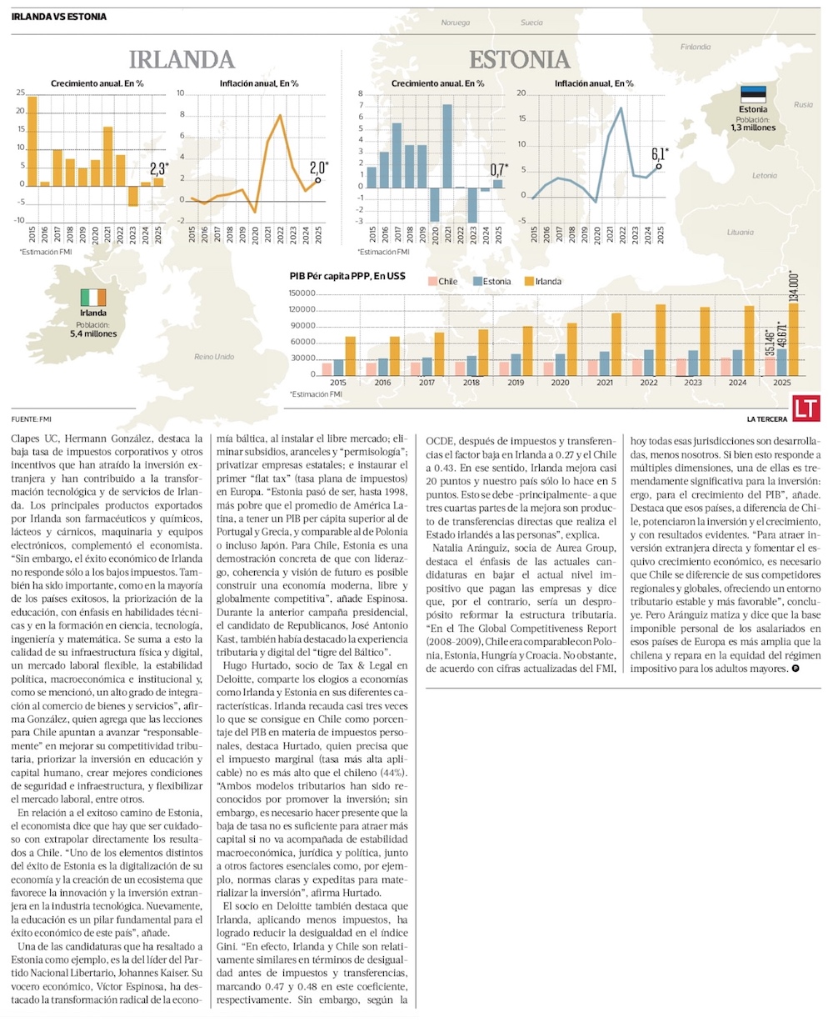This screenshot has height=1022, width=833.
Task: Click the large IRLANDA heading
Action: pos(181,60)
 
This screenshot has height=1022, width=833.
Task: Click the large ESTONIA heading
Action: pos(519,60)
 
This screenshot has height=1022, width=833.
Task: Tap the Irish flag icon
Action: pos(93,298)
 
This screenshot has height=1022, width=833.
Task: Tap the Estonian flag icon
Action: pos(753,94)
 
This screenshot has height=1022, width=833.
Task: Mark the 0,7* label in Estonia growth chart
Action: pos(497,168)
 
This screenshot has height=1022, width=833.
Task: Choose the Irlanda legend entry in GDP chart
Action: pos(541,282)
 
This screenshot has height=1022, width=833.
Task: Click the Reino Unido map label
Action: pos(214,356)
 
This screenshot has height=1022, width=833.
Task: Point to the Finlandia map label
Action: pos(696,47)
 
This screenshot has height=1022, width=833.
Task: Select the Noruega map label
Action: pos(456,23)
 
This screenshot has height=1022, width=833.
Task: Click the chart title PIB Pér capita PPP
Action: pos(347,275)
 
